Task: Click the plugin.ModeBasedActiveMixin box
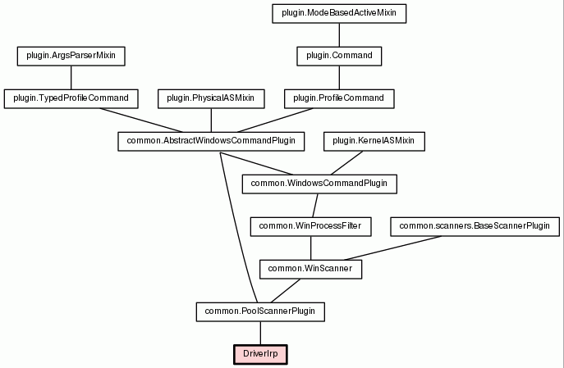pos(339,14)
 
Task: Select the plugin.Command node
pos(339,56)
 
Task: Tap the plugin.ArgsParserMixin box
pos(71,56)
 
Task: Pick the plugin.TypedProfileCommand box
pos(71,98)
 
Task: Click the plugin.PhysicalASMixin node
pos(211,98)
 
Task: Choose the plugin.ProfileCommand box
pos(339,98)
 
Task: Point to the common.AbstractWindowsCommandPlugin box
pos(211,142)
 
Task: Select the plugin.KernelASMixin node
pos(374,142)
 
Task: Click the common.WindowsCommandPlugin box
pos(319,184)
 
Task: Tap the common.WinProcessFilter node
pos(311,226)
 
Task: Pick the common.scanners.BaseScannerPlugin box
pos(475,226)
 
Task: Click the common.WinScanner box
pos(311,270)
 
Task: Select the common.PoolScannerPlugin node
pos(260,312)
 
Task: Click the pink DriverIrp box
pos(260,355)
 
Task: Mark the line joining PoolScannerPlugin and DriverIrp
pos(260,334)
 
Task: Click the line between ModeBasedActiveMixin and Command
pos(339,34)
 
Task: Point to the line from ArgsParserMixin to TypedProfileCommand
pos(71,78)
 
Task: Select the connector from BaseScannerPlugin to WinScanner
pos(392,248)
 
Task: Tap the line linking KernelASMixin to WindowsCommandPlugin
pos(346,163)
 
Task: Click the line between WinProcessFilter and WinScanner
pos(311,248)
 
